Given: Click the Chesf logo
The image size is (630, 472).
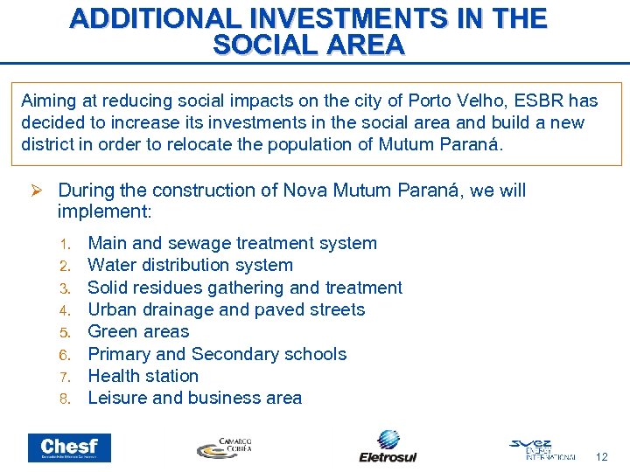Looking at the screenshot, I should click(x=69, y=447).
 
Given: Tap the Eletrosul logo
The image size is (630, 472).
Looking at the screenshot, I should click(x=388, y=446).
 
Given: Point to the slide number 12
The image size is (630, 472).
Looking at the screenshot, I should click(x=601, y=456).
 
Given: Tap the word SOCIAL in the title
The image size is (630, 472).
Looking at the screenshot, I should click(x=263, y=45).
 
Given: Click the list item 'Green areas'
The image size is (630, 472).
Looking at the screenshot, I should click(x=138, y=331).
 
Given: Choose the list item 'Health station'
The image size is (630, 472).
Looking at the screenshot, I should click(x=143, y=376).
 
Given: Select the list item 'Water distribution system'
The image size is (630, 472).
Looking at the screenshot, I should click(x=191, y=265).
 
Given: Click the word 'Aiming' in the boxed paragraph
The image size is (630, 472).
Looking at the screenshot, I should click(x=48, y=101).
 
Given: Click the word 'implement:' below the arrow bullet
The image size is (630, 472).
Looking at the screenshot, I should click(x=104, y=212).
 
